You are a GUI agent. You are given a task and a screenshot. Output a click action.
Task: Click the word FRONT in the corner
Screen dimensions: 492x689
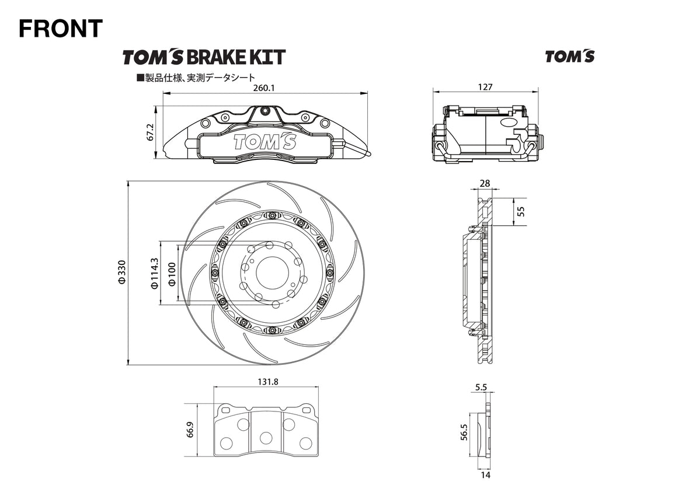click(61, 28)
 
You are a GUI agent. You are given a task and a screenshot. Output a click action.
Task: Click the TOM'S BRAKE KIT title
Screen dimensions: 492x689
click(204, 57)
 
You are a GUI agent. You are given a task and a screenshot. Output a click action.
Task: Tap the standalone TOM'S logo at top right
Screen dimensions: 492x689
click(569, 57)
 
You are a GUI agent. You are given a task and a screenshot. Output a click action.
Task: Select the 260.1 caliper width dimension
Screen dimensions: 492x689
click(265, 88)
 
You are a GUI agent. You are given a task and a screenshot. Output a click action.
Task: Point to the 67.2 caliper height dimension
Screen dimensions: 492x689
click(150, 132)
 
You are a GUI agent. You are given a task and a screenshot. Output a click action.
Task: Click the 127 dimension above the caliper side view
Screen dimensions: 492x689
click(485, 87)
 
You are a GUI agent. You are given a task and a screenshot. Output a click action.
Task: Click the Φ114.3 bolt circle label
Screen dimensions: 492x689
click(154, 273)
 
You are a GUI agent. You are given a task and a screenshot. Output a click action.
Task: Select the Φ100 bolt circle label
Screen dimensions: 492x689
click(172, 273)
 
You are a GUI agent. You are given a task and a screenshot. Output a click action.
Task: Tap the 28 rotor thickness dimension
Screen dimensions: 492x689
click(485, 183)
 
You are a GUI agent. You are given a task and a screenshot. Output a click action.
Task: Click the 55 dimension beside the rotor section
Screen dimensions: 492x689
click(521, 211)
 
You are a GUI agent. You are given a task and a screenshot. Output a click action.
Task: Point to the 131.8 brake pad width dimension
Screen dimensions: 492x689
click(267, 382)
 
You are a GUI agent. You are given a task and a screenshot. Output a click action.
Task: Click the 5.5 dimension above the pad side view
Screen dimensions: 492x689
click(481, 386)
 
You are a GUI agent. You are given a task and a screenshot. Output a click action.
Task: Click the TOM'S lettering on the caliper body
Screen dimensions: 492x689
click(265, 141)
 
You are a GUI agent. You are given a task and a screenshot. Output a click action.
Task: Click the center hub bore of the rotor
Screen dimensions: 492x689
click(272, 272)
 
